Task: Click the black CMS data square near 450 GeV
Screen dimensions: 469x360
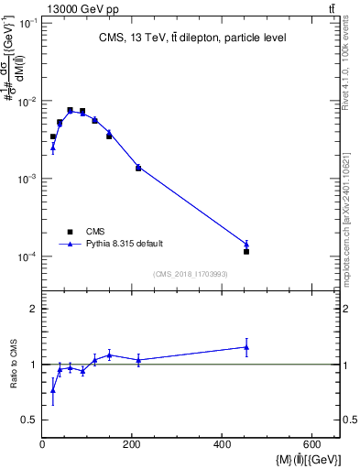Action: [x=246, y=251]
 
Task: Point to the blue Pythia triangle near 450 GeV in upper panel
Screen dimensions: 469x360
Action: [x=246, y=244]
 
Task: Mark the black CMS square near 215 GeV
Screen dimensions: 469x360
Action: [x=138, y=168]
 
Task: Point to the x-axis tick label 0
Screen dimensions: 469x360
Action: [x=42, y=444]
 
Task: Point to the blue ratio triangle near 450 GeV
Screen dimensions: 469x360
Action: [x=246, y=346]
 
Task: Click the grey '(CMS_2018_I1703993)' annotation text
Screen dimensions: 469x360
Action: [x=191, y=274]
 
